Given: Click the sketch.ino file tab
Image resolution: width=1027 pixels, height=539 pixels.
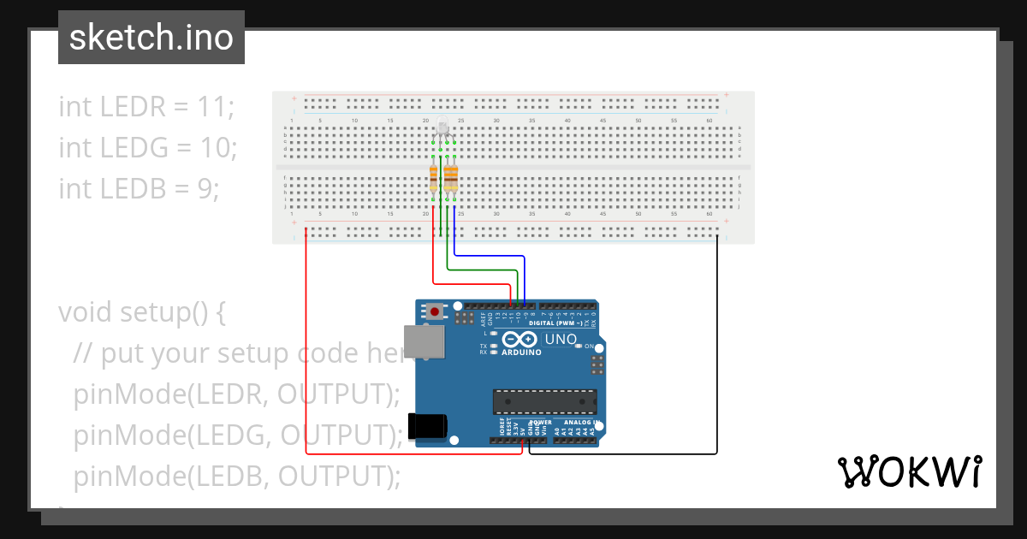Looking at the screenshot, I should tap(151, 38).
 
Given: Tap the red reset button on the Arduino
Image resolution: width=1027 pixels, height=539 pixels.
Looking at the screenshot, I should tap(436, 312).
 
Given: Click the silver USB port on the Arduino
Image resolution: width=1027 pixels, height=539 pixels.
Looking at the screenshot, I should tap(424, 341).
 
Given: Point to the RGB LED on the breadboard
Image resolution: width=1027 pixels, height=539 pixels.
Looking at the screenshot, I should tap(442, 130).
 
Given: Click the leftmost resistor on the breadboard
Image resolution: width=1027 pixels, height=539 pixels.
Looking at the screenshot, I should tap(433, 179).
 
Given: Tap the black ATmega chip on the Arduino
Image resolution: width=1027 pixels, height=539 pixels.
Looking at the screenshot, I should tap(544, 400).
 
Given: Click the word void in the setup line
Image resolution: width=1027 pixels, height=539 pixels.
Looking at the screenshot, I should tap(86, 311).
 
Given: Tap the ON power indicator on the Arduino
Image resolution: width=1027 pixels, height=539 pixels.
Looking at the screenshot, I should tap(590, 346).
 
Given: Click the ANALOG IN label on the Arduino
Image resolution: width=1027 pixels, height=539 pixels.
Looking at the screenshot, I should tap(579, 423).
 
